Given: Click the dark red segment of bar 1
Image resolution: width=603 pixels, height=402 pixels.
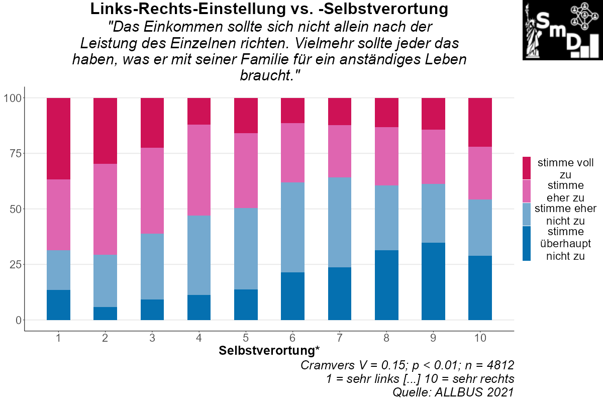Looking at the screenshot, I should pos(58,138).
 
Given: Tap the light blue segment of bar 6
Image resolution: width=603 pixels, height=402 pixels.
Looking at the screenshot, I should pos(292,227).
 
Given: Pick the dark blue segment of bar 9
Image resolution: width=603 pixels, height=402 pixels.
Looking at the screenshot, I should pos(433,281).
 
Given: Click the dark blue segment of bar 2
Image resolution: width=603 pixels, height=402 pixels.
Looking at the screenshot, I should pos(105,314).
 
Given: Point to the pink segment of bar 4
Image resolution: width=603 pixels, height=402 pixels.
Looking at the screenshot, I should pos(199,170).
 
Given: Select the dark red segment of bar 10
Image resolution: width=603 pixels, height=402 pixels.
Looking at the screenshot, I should pos(480,122).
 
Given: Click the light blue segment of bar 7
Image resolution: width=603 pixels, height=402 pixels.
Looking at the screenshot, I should pos(340,222).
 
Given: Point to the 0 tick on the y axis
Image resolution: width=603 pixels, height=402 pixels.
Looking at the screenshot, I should pos(19,320).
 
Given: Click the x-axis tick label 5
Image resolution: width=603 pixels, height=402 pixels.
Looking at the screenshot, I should pos(246,338).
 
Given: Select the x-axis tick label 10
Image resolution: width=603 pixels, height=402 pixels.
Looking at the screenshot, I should pos(480,338).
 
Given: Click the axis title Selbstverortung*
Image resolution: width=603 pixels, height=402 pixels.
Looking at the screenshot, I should pos(269,350).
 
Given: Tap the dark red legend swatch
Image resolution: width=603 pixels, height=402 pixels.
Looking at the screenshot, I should pos(526,168).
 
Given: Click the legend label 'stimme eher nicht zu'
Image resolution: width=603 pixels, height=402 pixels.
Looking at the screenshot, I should pos(565,214).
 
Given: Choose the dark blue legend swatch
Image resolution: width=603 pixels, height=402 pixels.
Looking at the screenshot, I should pos(526,243).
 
